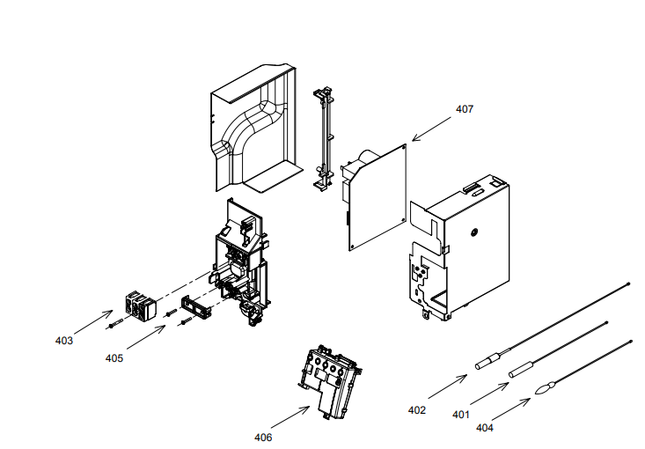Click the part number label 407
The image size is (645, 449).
tap(464, 110)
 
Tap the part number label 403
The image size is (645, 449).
tap(63, 340)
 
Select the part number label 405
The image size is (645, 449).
tap(114, 358)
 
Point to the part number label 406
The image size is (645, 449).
tap(263, 437)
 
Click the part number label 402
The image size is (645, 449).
tap(417, 409)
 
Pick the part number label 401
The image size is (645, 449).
tap(461, 414)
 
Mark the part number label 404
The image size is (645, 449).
tap(485, 427)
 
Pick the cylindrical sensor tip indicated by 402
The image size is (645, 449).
tap(488, 361)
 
